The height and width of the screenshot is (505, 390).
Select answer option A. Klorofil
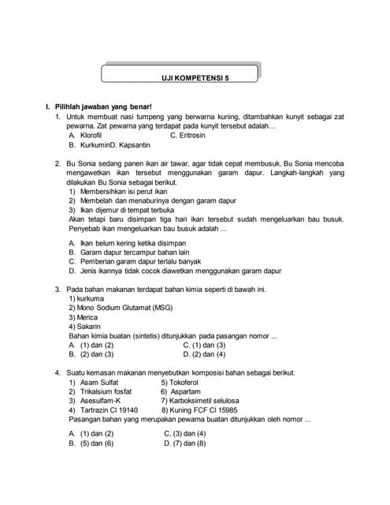tap(87, 136)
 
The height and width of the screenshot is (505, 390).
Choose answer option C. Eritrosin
tap(192, 136)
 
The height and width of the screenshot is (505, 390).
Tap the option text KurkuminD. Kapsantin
tap(110, 146)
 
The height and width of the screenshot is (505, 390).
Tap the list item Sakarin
tap(87, 326)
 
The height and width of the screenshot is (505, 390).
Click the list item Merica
tap(87, 317)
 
